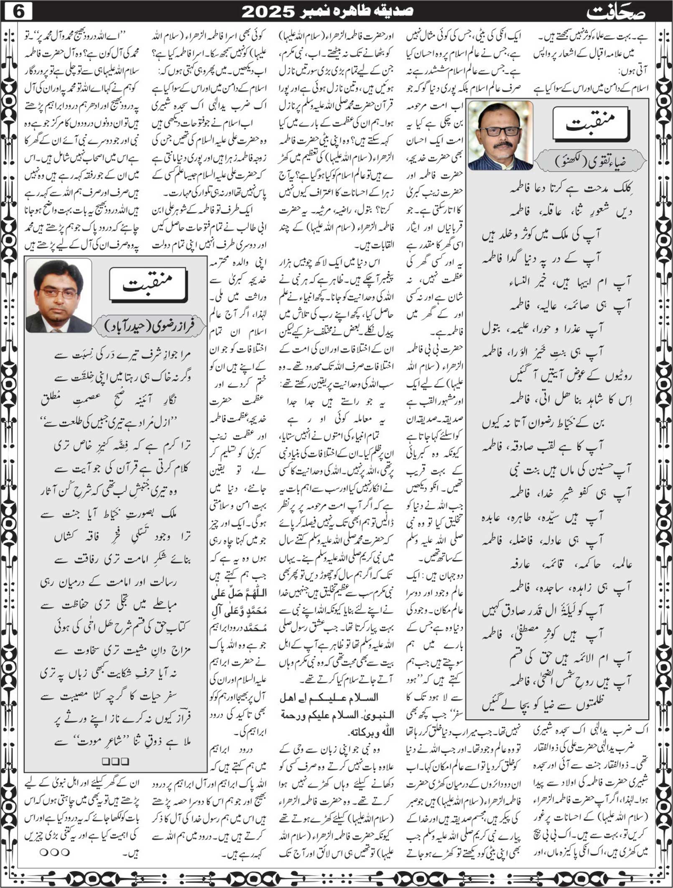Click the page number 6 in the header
18,11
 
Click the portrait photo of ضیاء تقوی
500,135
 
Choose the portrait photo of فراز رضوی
59,295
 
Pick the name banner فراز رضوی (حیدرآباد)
149,325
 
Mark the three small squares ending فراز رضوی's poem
115,761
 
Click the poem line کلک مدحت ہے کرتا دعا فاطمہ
570,189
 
